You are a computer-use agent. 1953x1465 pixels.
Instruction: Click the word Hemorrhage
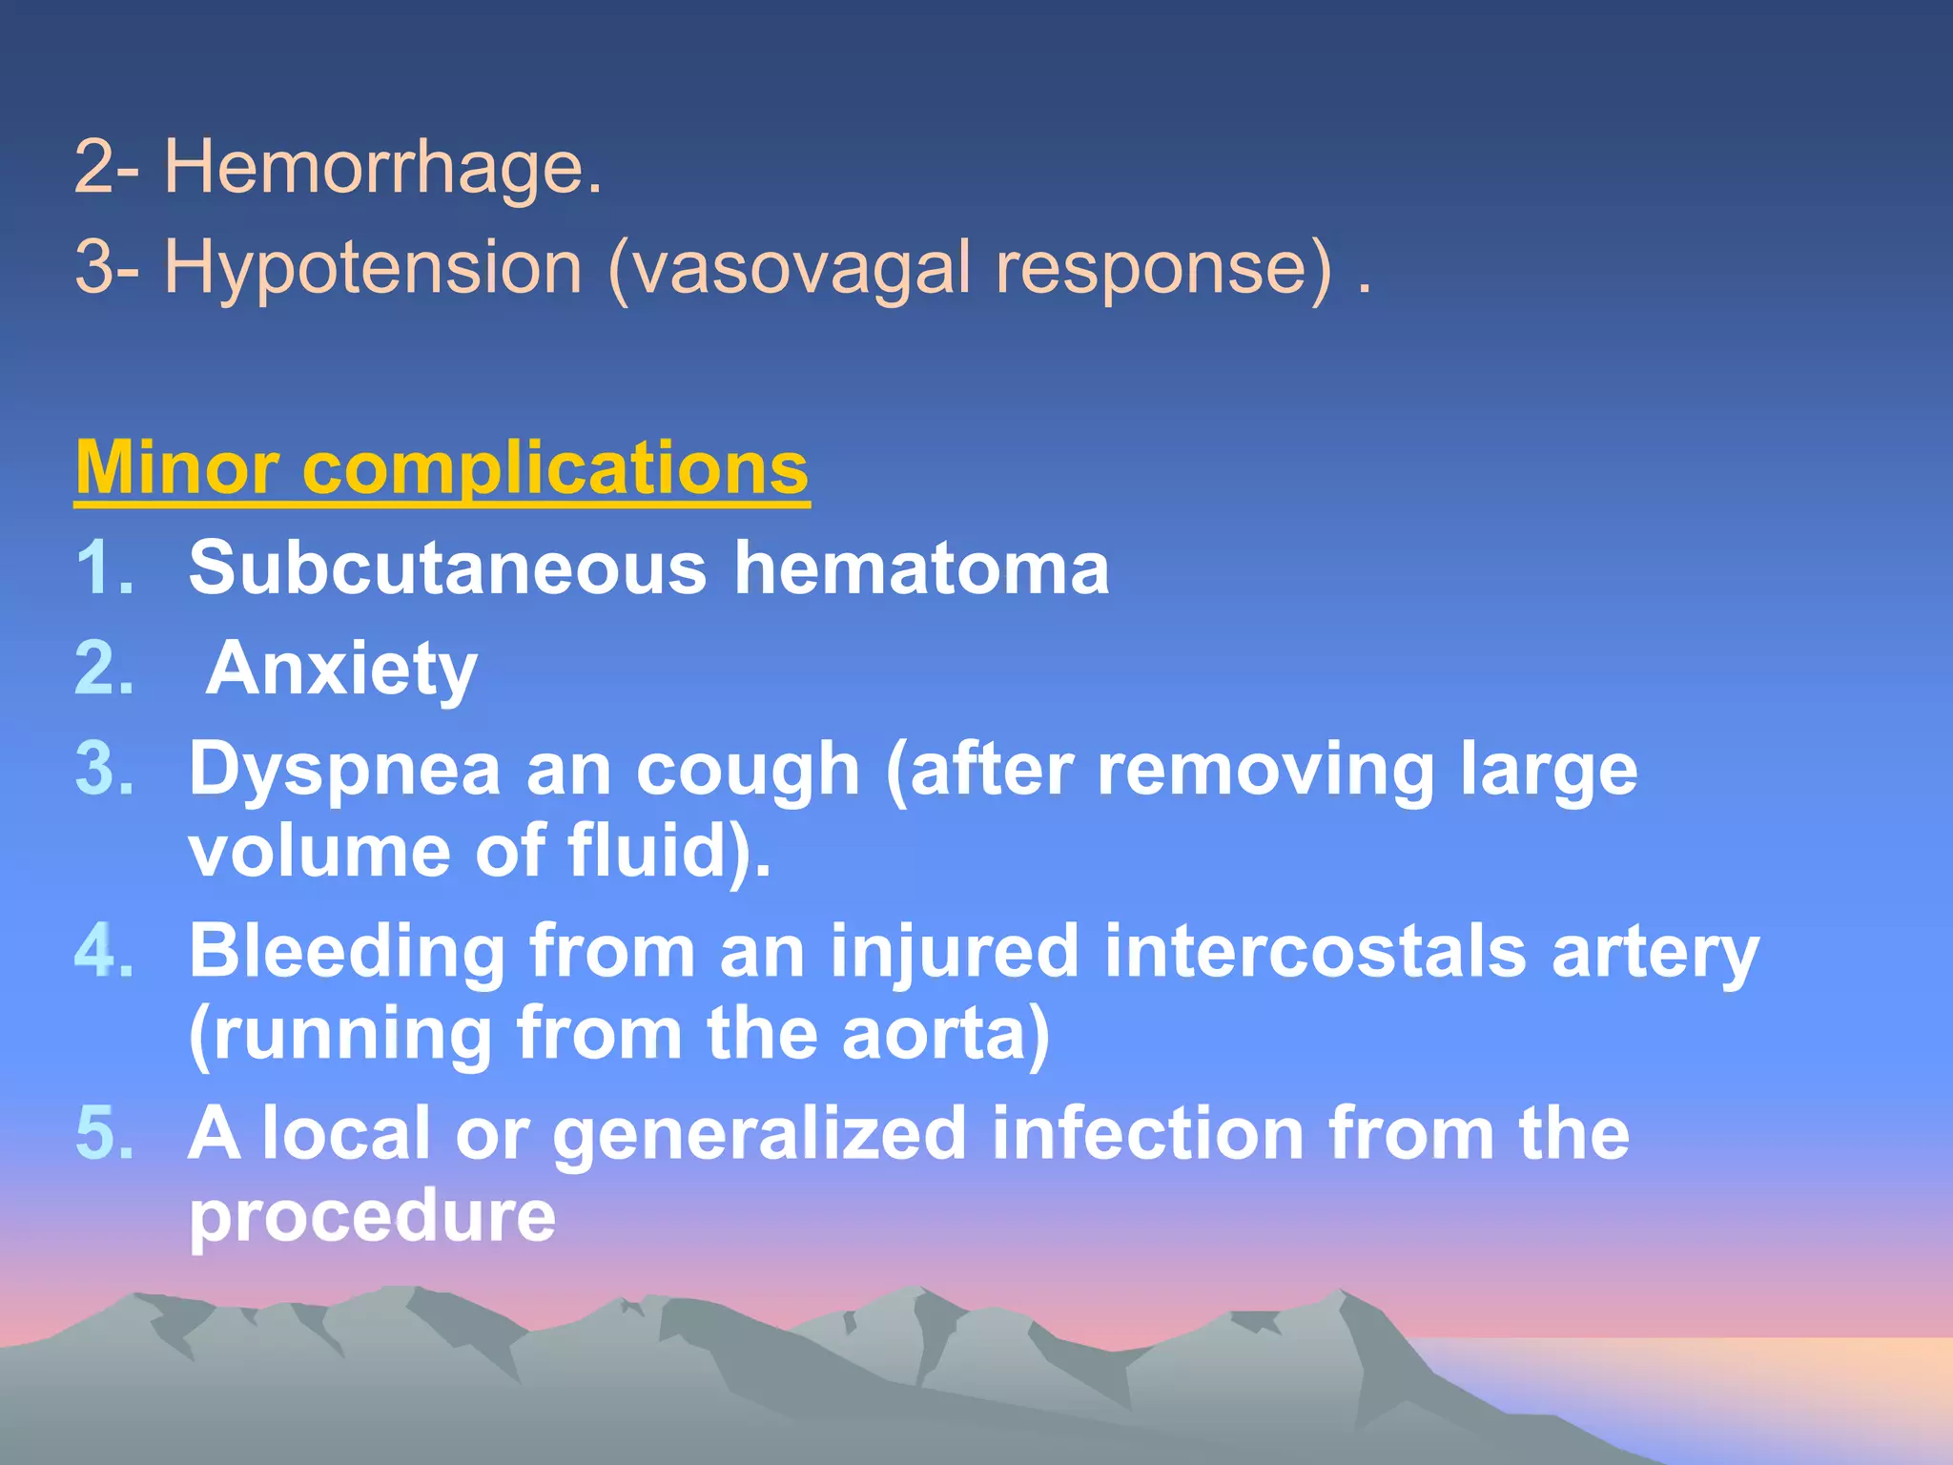coord(383,168)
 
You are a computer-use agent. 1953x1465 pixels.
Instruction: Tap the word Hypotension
coord(373,268)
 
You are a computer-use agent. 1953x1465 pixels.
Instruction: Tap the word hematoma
coord(921,567)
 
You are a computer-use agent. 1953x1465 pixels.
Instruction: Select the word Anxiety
coord(341,670)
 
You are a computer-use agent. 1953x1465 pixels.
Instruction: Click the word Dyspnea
coord(344,770)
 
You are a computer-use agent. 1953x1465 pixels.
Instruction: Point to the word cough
coord(748,770)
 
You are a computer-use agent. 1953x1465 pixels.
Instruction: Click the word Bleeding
coord(347,951)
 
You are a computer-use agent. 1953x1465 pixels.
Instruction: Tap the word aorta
coord(944,1034)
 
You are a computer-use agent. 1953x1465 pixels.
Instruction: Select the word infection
coord(1147,1133)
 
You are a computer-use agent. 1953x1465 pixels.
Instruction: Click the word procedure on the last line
coord(372,1216)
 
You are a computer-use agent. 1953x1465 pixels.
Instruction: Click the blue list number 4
coord(103,951)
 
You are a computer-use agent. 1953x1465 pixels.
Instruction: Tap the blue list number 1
coord(103,567)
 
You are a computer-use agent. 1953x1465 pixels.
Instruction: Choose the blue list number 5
coord(103,1133)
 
